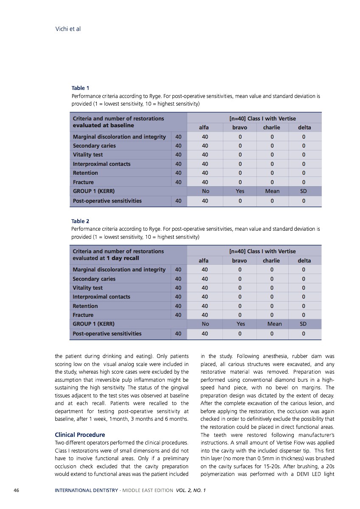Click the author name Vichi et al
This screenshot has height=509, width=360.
pyautogui.click(x=68, y=29)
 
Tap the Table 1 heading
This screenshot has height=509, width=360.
pyautogui.click(x=80, y=88)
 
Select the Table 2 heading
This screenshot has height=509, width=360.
pyautogui.click(x=80, y=221)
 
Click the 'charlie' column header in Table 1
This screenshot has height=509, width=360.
pyautogui.click(x=272, y=127)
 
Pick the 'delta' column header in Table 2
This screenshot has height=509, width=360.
pyautogui.click(x=304, y=260)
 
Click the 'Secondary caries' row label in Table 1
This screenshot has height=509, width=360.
pyautogui.click(x=94, y=145)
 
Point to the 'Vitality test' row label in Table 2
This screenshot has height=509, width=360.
pyautogui.click(x=88, y=288)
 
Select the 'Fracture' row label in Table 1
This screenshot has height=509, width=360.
pyautogui.click(x=83, y=182)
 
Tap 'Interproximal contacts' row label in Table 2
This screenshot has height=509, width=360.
pyautogui.click(x=101, y=296)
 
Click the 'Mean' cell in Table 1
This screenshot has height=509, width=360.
pyautogui.click(x=272, y=191)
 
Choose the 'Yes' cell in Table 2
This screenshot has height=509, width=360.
pyautogui.click(x=240, y=324)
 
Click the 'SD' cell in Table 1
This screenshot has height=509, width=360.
pyautogui.click(x=304, y=191)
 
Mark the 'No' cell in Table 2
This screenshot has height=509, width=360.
pyautogui.click(x=205, y=324)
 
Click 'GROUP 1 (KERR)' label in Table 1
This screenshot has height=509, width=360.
pyautogui.click(x=93, y=191)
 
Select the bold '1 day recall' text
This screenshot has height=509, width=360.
pyautogui.click(x=123, y=258)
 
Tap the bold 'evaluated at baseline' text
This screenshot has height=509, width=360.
pyautogui.click(x=103, y=125)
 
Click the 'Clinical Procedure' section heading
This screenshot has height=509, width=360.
pyautogui.click(x=80, y=435)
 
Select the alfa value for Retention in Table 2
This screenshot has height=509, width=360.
pyautogui.click(x=205, y=306)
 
